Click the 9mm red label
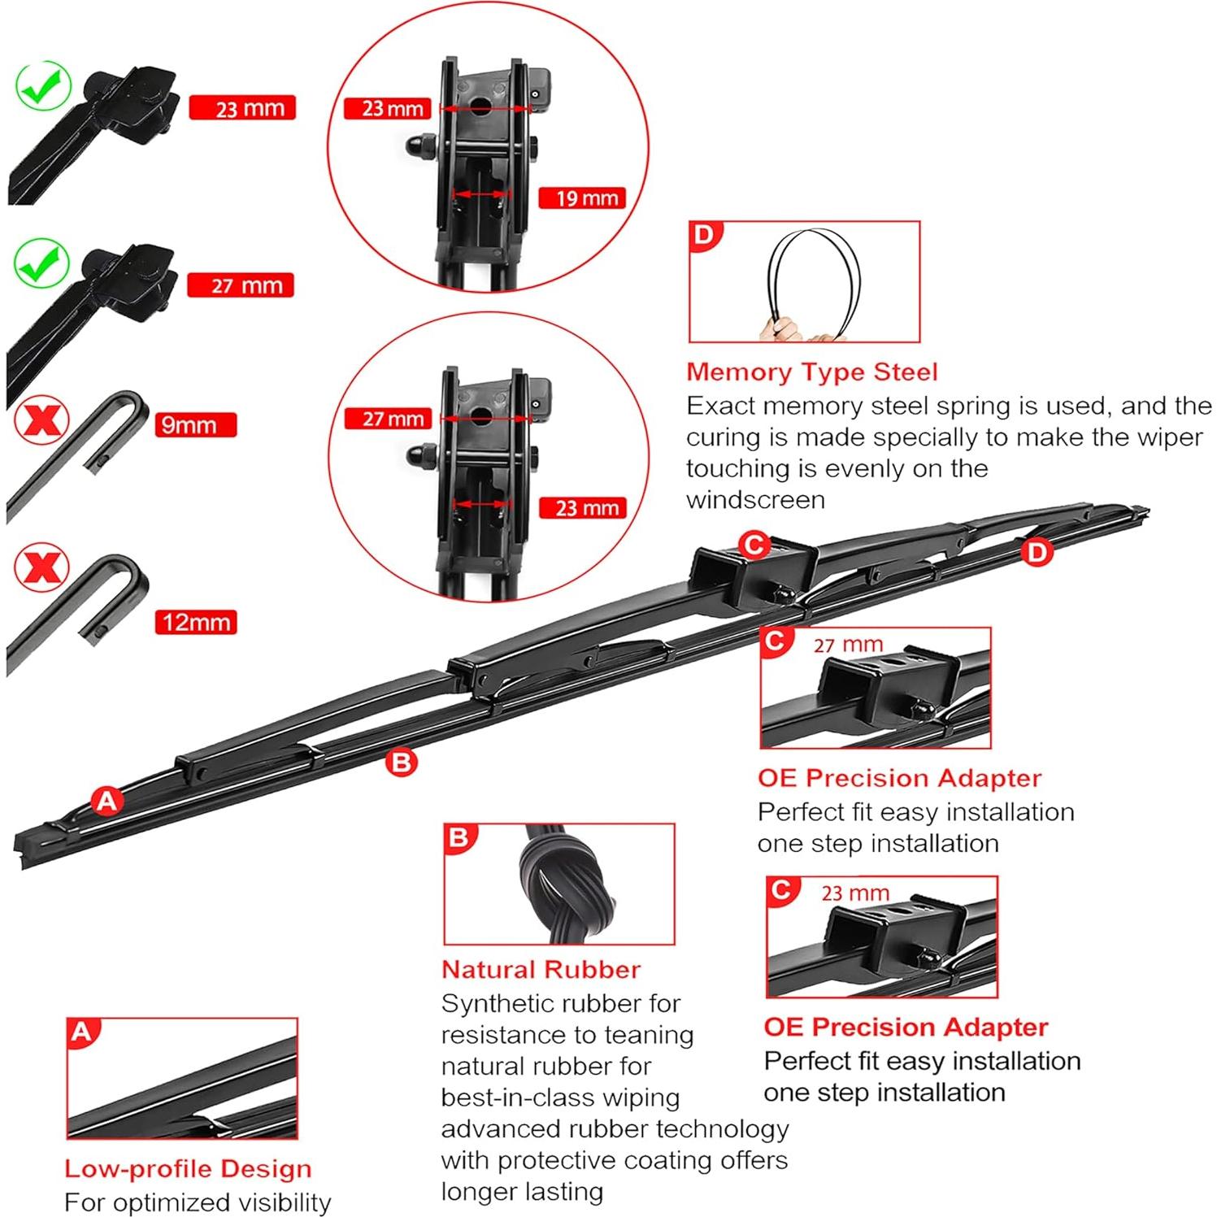[x=195, y=425]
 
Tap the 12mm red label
[x=196, y=623]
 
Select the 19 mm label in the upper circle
[x=582, y=198]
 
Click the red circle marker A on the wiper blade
[x=107, y=802]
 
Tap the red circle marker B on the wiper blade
[x=401, y=763]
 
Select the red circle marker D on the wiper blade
[x=1037, y=553]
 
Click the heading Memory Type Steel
[x=811, y=372]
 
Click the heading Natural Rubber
[x=541, y=970]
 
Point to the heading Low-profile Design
[x=188, y=1169]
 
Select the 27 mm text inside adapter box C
[x=848, y=645]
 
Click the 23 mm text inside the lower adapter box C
[x=854, y=893]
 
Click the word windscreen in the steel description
[x=755, y=500]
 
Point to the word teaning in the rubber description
[x=647, y=1036]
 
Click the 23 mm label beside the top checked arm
[x=242, y=109]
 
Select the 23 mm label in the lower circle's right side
[x=583, y=509]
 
